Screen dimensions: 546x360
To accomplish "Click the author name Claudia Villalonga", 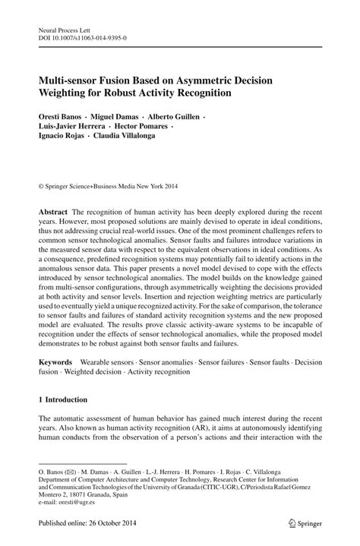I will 128,140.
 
